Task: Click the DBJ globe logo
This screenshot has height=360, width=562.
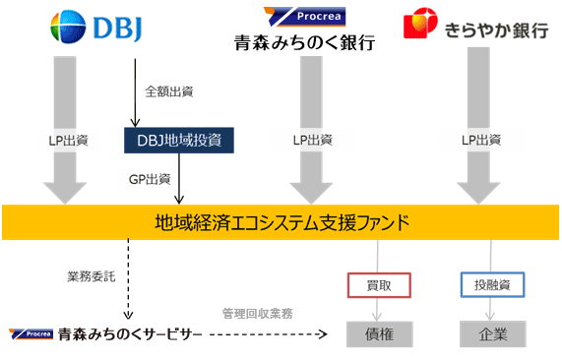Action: point(68,27)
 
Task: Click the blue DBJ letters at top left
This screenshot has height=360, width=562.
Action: point(118,28)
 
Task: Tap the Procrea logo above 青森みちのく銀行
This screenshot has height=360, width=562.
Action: point(305,17)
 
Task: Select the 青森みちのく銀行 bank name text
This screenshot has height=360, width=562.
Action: point(304,43)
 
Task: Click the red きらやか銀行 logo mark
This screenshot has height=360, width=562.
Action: point(420,23)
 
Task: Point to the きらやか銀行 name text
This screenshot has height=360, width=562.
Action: point(496,30)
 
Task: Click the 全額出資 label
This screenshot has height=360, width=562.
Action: point(169,91)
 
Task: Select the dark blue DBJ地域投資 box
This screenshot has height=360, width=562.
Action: point(179,140)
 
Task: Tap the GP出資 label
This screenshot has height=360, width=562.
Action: point(150,179)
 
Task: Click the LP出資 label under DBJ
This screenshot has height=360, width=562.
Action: point(69,141)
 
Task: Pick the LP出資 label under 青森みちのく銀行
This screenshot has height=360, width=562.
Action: point(313,140)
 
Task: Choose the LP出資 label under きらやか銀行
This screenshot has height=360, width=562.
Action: point(481,140)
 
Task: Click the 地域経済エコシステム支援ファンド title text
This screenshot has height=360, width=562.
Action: point(282,222)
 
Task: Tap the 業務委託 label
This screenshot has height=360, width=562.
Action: point(91,276)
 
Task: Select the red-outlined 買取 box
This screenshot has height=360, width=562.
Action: point(379,285)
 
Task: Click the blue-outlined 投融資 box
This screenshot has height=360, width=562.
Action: point(492,285)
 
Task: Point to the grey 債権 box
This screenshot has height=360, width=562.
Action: point(380,334)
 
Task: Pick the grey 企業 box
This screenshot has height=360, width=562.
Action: point(493,334)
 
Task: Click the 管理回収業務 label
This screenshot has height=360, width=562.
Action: point(258,314)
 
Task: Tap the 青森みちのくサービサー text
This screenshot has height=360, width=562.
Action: point(130,334)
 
